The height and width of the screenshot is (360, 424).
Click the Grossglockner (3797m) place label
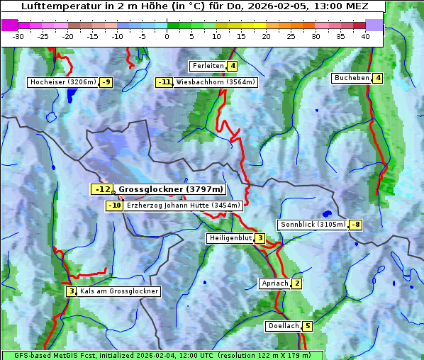point(170,189)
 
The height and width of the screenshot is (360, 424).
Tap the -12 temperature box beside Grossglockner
point(102,189)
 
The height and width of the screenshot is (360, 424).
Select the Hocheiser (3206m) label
point(63,82)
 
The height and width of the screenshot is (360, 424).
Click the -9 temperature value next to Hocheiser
point(106,82)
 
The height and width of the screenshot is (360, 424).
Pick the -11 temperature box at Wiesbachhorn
point(164,82)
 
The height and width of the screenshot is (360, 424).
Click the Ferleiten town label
point(208,66)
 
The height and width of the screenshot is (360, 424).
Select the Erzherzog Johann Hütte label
point(184,206)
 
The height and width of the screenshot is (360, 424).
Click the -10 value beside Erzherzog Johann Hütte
point(115,206)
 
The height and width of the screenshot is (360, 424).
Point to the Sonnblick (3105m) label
point(313,225)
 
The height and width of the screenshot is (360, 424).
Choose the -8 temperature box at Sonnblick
point(356,225)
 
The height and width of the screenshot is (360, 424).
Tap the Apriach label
point(275,283)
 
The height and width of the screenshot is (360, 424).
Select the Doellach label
point(283,326)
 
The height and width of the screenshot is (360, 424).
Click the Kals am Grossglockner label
point(118,291)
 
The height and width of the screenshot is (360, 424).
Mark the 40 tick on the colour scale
point(365,36)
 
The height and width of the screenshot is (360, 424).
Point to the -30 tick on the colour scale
point(18,36)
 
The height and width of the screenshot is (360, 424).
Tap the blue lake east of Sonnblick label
point(327,213)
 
